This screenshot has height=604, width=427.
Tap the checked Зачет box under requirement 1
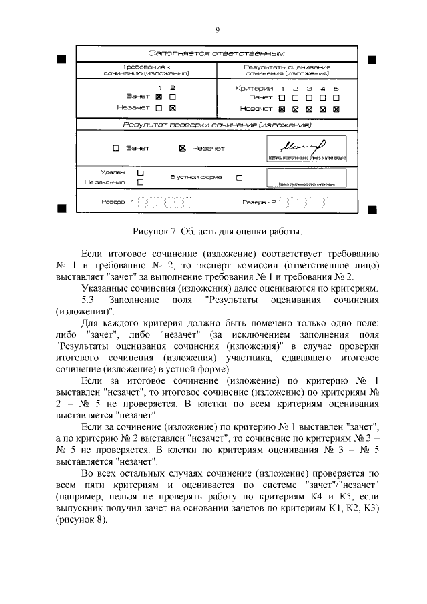click(159, 97)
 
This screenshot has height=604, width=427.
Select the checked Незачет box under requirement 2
click(172, 108)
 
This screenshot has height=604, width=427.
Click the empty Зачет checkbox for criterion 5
click(336, 98)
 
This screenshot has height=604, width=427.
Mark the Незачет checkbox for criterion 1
click(282, 109)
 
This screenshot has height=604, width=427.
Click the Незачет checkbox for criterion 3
click(309, 109)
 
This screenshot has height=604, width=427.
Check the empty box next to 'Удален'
click(140, 172)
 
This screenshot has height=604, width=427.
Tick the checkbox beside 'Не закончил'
click(140, 181)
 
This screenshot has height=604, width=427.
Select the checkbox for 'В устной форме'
click(240, 178)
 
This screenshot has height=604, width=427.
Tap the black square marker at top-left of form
click(61, 60)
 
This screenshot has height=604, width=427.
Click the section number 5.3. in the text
click(90, 299)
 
